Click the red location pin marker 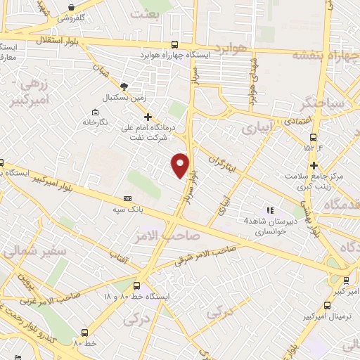point(181,165)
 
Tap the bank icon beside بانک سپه point(127,199)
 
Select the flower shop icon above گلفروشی point(71,6)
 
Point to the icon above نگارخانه point(95,112)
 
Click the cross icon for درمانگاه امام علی point(147,117)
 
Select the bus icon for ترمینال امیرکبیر point(328,305)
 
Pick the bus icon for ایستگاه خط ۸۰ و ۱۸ point(136,286)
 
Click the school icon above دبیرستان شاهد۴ point(269,210)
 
